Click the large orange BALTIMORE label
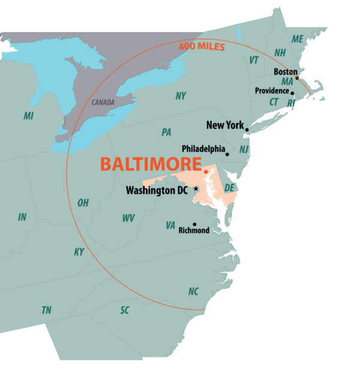coord(151,164)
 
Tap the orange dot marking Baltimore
coord(206,172)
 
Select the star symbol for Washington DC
coord(196,189)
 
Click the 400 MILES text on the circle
coord(201,47)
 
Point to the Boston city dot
coord(297,78)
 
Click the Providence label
coord(272,91)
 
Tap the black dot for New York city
coord(247,129)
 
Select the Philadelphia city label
coord(203,148)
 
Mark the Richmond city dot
coord(194,224)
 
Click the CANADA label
coord(103,103)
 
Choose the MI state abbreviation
coord(28,116)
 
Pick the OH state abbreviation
coord(83,203)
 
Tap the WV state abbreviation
coord(128,218)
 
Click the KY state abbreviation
coord(79,252)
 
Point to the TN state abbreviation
coord(46,310)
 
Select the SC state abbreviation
coord(125,310)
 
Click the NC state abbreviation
coord(193,292)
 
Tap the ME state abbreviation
coord(298,38)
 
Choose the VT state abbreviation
coord(254,60)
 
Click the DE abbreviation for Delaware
coord(229,188)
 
